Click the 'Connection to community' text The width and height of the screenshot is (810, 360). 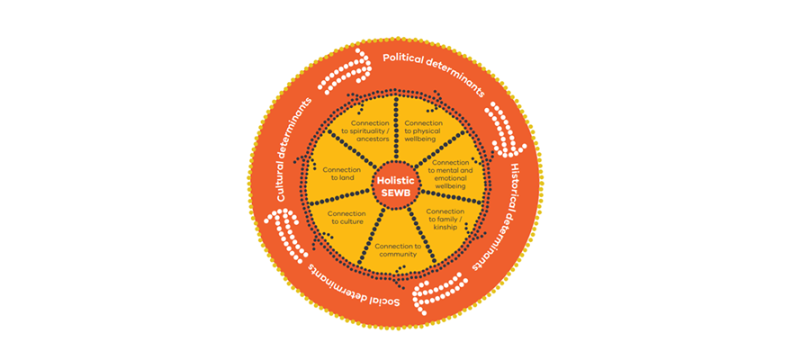[397, 250]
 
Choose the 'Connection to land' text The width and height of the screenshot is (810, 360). [341, 173]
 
